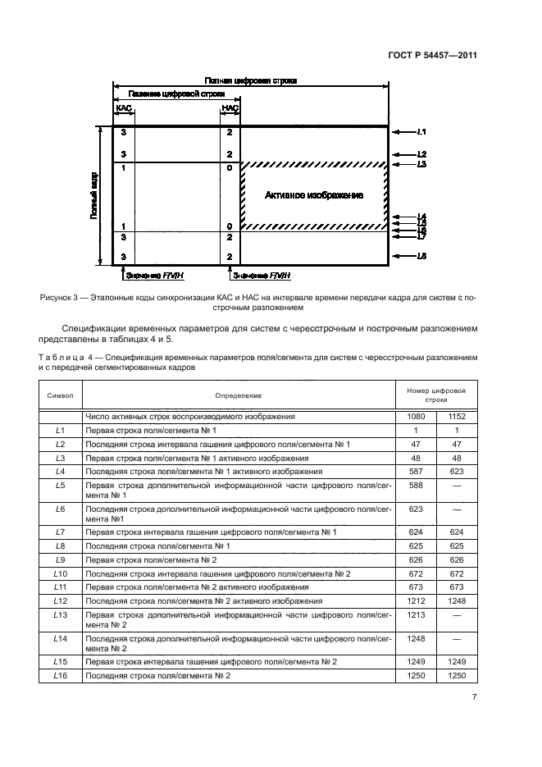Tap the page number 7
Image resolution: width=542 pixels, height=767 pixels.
[475, 697]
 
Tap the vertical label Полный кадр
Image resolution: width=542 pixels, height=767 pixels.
[95, 195]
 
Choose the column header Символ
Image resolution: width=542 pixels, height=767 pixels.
[61, 395]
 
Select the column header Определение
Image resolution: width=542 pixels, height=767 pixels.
[239, 395]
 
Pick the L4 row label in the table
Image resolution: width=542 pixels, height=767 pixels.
[60, 472]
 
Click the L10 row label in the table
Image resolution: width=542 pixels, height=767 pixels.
[60, 573]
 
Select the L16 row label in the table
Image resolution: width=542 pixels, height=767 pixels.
[60, 675]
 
